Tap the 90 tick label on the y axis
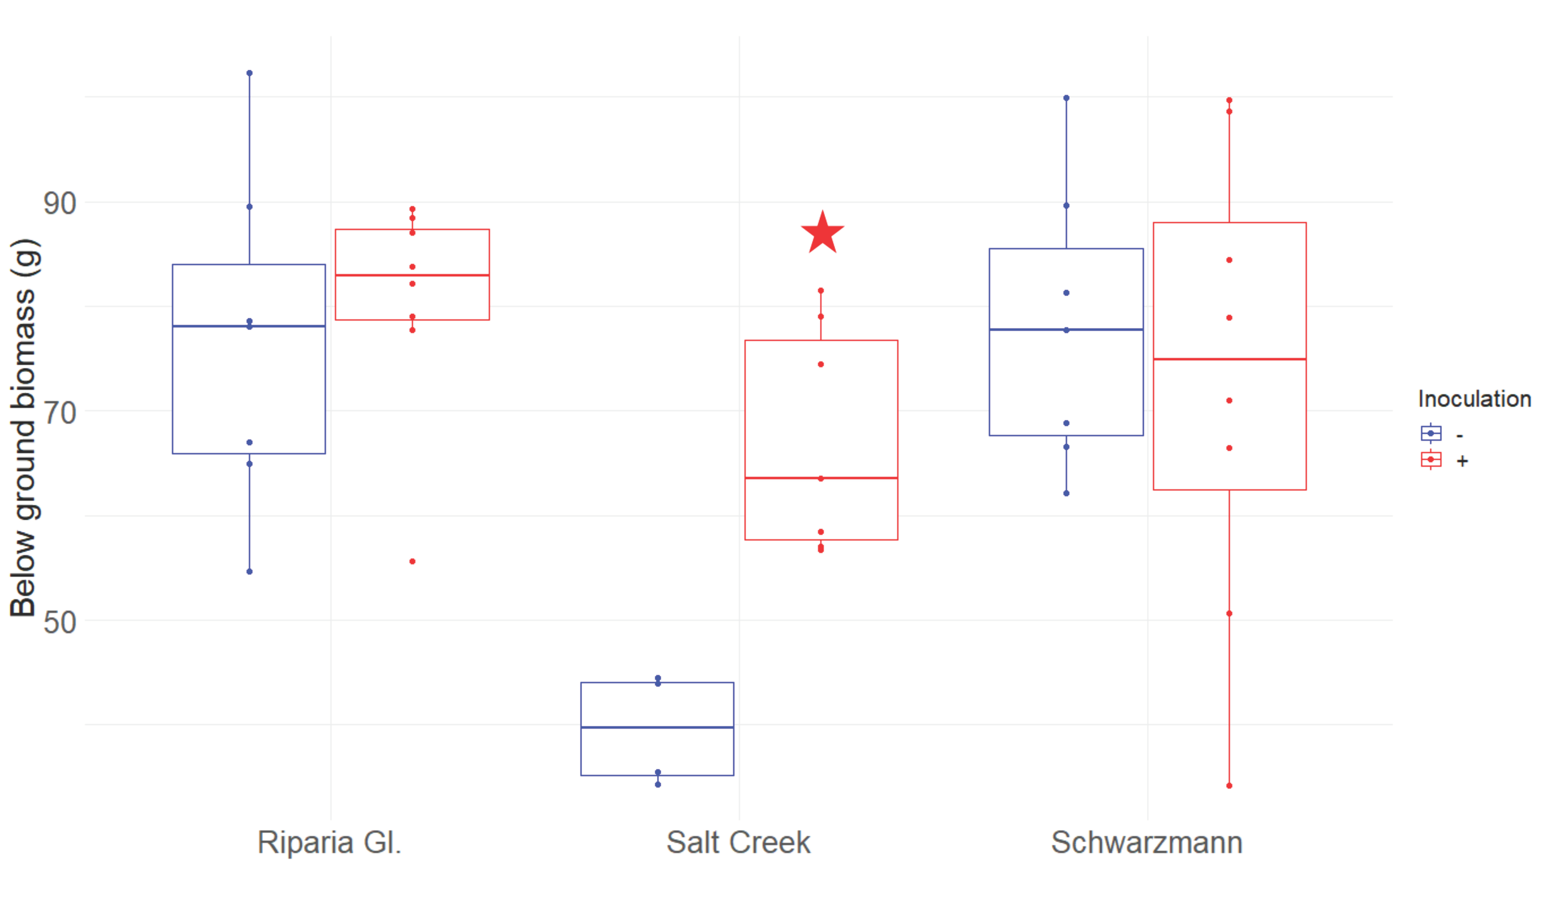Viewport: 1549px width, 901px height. [60, 204]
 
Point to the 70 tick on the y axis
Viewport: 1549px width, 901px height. [60, 413]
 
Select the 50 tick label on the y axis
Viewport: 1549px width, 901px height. [60, 623]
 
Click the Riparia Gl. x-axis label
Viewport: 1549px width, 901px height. [329, 843]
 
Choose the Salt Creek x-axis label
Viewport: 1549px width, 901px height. [738, 843]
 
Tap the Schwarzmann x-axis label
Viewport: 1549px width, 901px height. [1146, 843]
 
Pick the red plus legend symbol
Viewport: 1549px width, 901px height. [1431, 460]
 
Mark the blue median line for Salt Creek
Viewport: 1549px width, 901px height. [657, 728]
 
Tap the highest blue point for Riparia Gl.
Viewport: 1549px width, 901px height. [249, 73]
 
